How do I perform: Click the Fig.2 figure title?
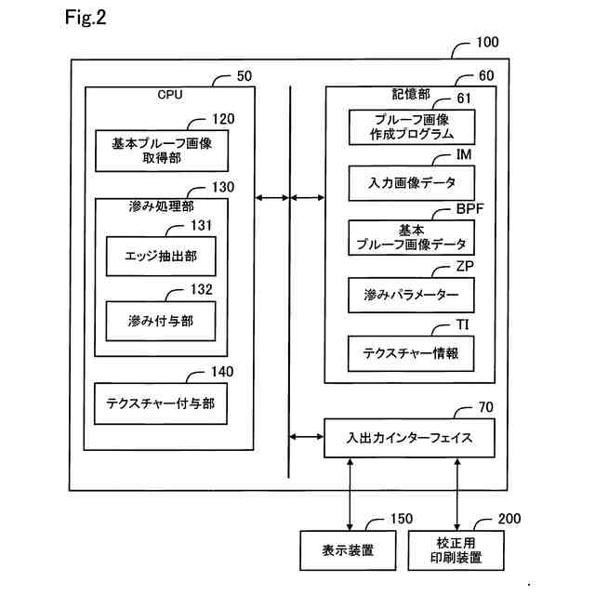[x=86, y=18]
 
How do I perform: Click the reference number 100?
[x=486, y=42]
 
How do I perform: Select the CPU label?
[x=169, y=93]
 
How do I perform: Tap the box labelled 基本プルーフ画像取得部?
[x=162, y=151]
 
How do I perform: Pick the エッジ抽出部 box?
[x=162, y=254]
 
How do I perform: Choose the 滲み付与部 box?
[x=162, y=320]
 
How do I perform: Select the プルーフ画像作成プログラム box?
[x=412, y=126]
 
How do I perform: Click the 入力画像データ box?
[x=412, y=182]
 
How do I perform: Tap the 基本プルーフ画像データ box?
[x=412, y=237]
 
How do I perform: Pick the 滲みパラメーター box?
[x=412, y=295]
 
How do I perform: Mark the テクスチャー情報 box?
[x=412, y=352]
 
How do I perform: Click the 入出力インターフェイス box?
[x=409, y=437]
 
